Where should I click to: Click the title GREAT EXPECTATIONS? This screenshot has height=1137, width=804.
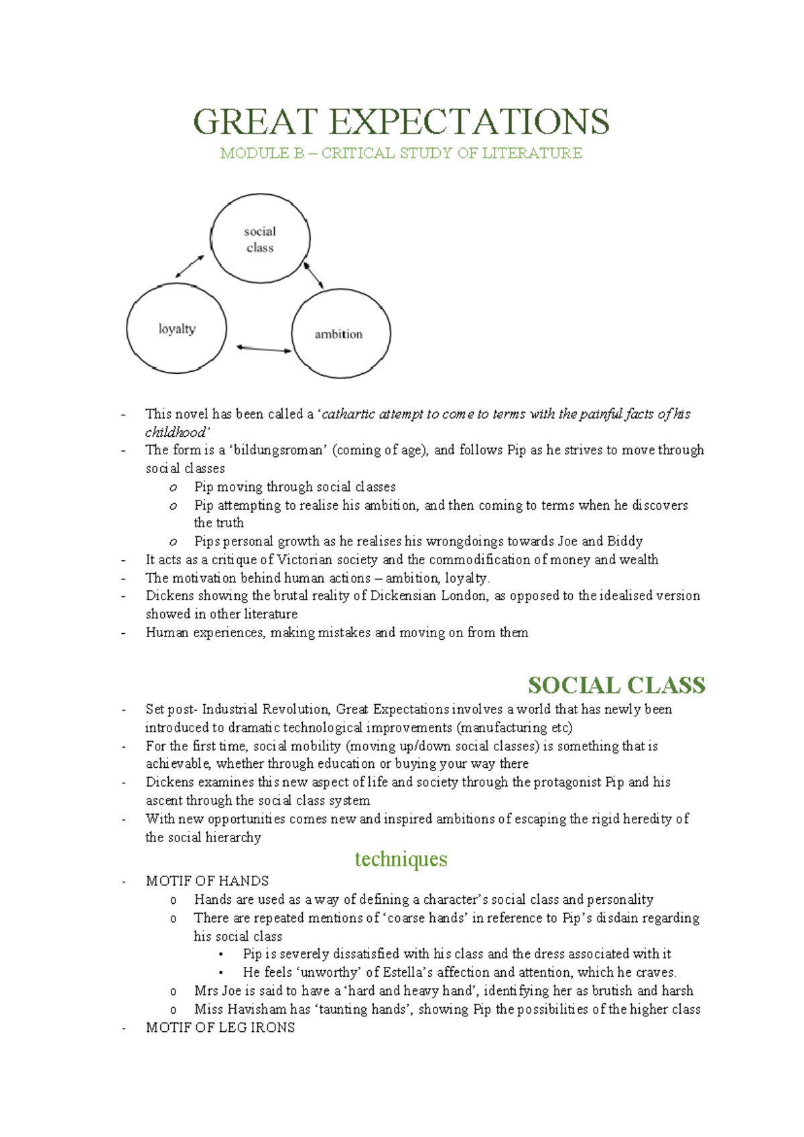[401, 122]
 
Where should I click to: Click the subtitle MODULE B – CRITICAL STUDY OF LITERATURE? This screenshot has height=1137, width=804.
[401, 153]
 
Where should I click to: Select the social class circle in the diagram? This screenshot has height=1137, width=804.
[260, 239]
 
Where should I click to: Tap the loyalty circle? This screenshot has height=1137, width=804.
[176, 328]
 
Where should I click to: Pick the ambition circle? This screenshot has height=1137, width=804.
[340, 334]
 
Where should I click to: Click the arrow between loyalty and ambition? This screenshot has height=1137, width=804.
[264, 348]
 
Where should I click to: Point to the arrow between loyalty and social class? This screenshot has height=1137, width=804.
[190, 266]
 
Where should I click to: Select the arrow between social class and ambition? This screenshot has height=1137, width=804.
[314, 275]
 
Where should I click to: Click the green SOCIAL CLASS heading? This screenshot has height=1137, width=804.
[616, 685]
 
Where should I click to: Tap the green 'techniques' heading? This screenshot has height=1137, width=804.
[401, 859]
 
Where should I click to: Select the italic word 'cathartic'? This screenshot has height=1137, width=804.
[349, 414]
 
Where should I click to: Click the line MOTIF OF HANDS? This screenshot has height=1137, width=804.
[207, 881]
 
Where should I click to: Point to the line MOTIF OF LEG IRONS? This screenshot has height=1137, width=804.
[220, 1028]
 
